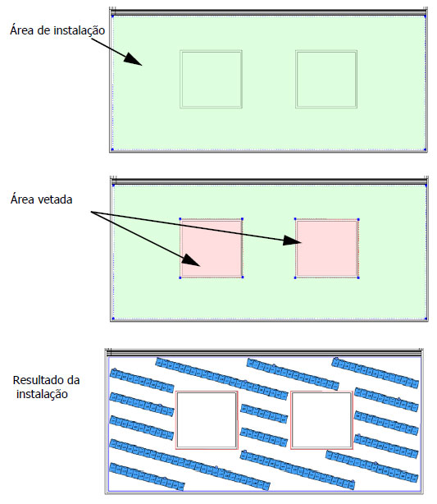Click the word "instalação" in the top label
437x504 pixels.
pos(80,30)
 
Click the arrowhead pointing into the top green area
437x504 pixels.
pos(132,59)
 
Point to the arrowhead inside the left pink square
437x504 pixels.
pos(191,260)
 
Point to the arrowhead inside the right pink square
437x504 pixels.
pos(292,241)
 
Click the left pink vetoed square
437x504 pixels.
pos(211,248)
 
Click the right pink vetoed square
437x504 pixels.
pos(326,248)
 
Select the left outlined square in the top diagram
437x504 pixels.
pos(211,79)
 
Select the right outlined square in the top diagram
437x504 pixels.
pos(326,79)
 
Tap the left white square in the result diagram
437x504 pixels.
pos(207,419)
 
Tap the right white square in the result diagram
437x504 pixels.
pos(321,419)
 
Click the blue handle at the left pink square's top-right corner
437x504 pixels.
pos(242,219)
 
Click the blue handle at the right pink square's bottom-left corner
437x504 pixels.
pos(295,277)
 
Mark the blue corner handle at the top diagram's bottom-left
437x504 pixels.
pos(112,149)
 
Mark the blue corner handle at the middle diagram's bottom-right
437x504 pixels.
pos(426,318)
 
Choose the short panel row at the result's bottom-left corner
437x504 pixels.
pos(147,477)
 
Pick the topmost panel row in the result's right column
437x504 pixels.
pos(376,373)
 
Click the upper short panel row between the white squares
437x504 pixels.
pos(264,414)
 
